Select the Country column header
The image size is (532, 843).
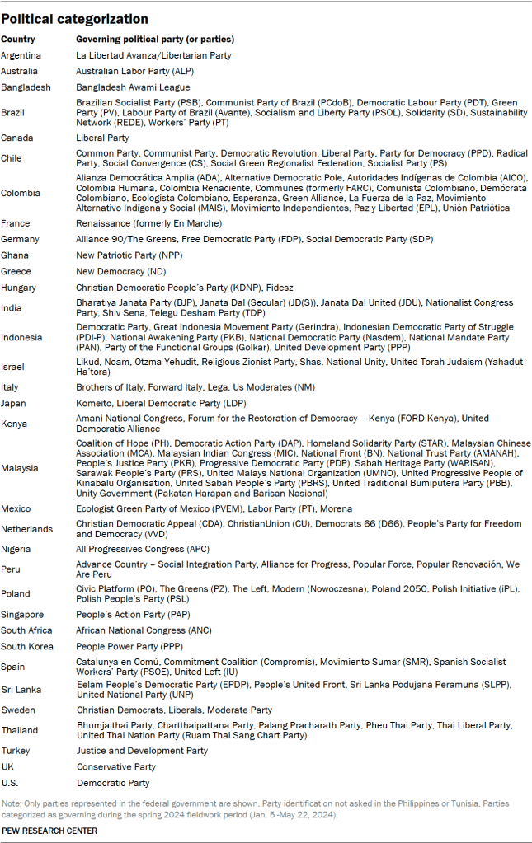point(17,40)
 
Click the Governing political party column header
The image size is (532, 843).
point(155,40)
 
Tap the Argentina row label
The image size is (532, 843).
point(22,55)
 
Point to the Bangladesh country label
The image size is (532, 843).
point(26,87)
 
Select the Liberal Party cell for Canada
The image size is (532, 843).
point(102,138)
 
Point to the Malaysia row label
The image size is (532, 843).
point(20,468)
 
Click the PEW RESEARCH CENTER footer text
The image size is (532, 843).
point(49,831)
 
